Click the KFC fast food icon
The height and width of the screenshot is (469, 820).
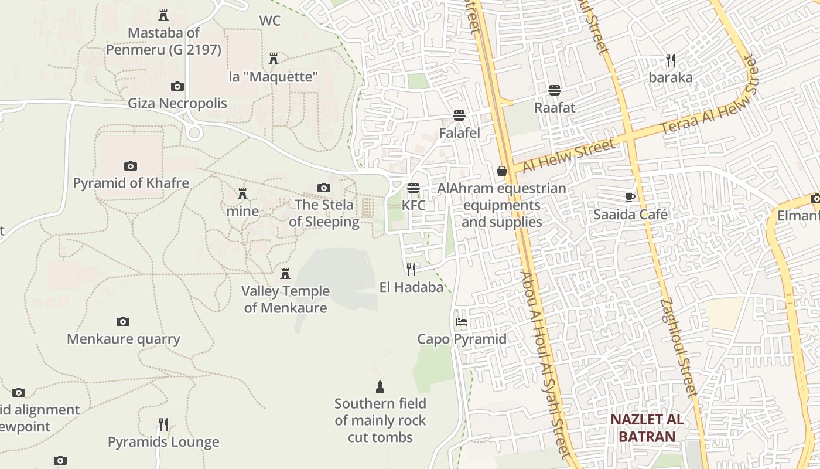click(x=414, y=188)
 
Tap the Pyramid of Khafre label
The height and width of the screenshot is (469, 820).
click(x=131, y=183)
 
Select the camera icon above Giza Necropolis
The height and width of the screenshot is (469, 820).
click(x=177, y=87)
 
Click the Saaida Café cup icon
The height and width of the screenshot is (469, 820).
click(x=630, y=197)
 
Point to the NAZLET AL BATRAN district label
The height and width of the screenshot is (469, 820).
click(x=647, y=428)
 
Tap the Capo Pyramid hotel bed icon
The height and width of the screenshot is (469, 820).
click(x=462, y=322)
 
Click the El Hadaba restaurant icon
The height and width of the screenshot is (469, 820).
click(x=411, y=269)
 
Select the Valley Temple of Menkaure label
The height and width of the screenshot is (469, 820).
click(x=285, y=299)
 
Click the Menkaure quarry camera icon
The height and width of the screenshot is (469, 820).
click(x=122, y=321)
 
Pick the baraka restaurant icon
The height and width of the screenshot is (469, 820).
click(x=671, y=60)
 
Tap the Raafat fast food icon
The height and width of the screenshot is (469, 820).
click(x=554, y=90)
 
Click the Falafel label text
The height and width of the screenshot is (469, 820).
click(x=459, y=133)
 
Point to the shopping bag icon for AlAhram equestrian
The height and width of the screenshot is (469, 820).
click(x=501, y=171)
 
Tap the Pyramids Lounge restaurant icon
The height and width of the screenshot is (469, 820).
click(x=163, y=424)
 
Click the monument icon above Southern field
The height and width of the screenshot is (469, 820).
click(x=380, y=386)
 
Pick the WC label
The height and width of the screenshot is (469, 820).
click(x=269, y=21)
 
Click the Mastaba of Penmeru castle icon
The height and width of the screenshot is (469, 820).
click(x=163, y=15)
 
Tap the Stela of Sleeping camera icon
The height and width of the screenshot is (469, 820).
click(x=323, y=188)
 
